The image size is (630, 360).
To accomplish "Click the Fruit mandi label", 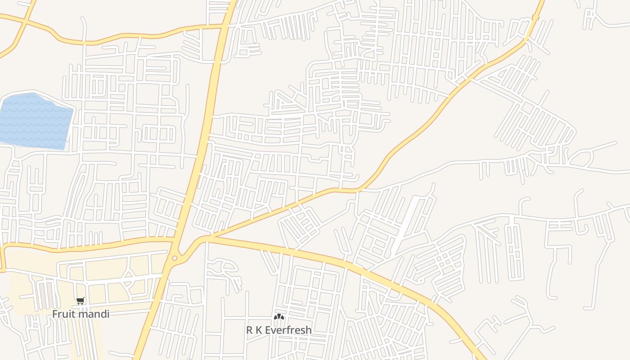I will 81,314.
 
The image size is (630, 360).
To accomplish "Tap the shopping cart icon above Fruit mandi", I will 81,301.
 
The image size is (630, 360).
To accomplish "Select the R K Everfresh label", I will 279,330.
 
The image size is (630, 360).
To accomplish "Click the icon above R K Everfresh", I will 279,317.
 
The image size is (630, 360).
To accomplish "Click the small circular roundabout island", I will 175,258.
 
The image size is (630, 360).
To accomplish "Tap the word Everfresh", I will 288,330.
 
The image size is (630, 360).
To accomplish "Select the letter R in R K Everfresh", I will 250,330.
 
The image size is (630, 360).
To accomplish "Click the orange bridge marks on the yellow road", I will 535,18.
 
